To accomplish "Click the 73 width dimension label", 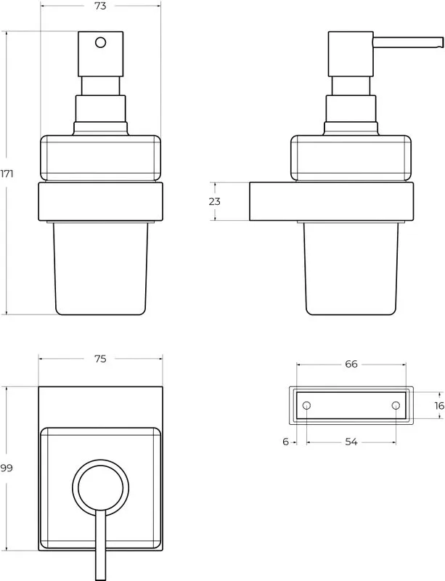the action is pos(100,6).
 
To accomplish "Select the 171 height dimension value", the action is pos(7,174).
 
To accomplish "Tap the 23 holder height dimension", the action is pos(215,201).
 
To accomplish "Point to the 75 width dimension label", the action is pos(100,359).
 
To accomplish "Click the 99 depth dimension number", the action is pos(7,468).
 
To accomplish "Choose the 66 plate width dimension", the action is pos(351,365).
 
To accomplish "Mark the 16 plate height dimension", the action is pos(439,406).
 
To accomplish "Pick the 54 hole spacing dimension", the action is pos(351,442).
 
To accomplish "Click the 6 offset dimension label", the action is pos(285,442).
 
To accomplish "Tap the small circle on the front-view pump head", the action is pos(100,42).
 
